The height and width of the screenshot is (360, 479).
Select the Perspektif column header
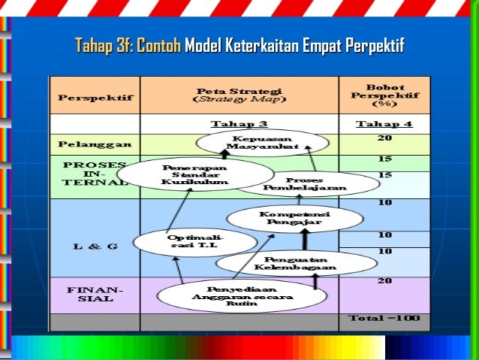[x=94, y=97]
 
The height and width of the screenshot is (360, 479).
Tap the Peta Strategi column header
[x=239, y=94]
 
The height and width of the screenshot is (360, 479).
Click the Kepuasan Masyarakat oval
[x=262, y=143]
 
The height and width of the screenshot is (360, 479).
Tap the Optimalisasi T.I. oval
[x=182, y=241]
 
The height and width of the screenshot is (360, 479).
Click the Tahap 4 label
[x=384, y=124]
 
